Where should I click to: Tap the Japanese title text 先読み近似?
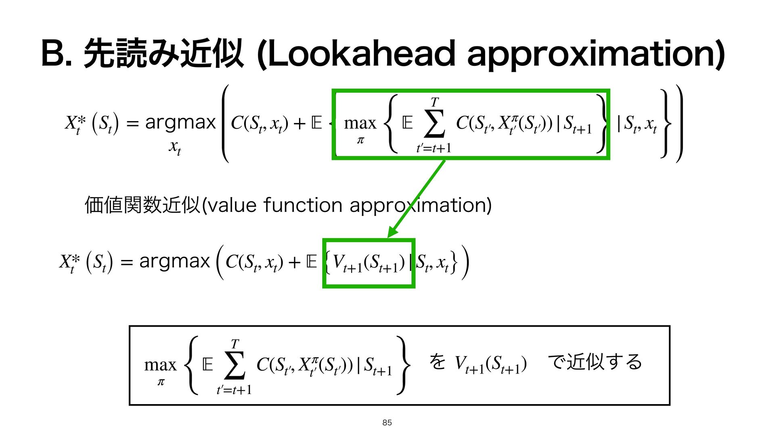[x=163, y=54]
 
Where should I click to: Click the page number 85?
[x=387, y=423]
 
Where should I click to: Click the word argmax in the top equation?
[x=180, y=122]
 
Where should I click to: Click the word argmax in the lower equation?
[x=174, y=262]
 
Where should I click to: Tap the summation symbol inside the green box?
[x=434, y=123]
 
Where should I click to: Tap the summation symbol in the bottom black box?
[x=235, y=366]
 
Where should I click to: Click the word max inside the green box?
[x=360, y=123]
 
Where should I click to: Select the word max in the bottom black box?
[x=160, y=365]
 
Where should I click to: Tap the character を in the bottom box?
[x=437, y=362]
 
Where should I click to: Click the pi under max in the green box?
[x=360, y=140]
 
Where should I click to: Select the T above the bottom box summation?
[x=235, y=344]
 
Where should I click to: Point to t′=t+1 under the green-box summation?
[x=434, y=148]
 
